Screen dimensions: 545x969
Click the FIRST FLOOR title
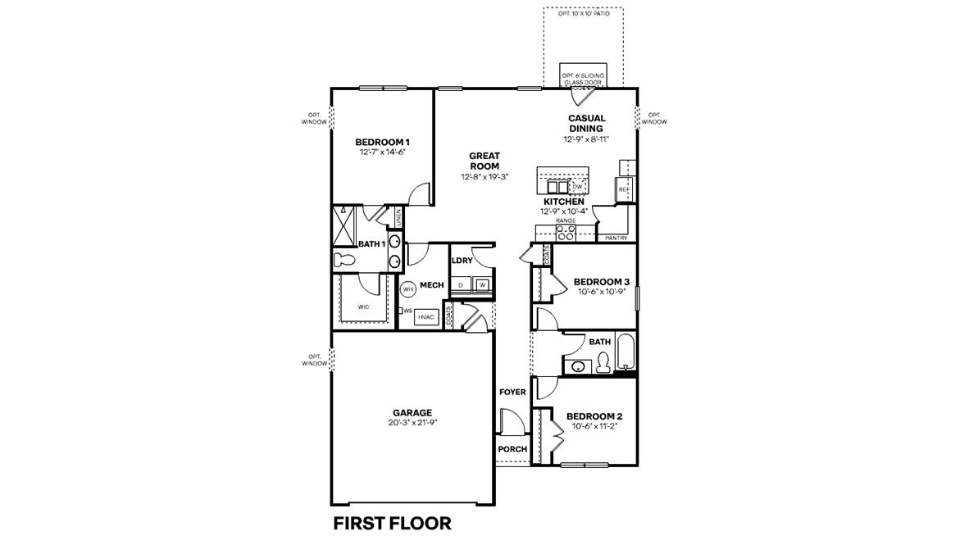tap(392, 523)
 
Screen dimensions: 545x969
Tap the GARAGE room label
tap(412, 412)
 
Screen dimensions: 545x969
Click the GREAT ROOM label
tap(484, 161)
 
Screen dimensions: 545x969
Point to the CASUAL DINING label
tap(586, 123)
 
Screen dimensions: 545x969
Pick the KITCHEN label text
tap(564, 202)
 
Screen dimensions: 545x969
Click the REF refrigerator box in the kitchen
tap(623, 189)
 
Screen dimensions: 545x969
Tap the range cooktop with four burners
tap(566, 233)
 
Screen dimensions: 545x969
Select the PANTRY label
tap(616, 238)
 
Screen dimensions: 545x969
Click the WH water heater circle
tap(407, 288)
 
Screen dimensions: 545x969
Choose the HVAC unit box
tap(425, 316)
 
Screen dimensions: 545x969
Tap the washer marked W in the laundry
tap(483, 284)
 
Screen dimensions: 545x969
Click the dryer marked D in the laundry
tap(462, 284)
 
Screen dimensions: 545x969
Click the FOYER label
tap(512, 393)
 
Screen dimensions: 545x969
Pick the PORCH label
tap(512, 449)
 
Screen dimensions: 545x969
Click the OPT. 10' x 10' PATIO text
tap(583, 14)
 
